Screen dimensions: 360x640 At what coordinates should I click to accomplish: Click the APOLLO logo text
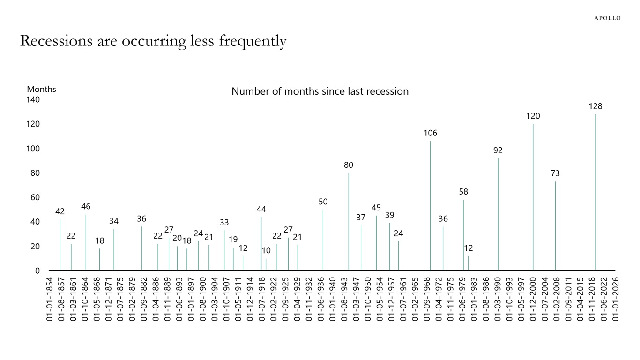[607, 18]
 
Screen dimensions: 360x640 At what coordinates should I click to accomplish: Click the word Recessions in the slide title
[56, 41]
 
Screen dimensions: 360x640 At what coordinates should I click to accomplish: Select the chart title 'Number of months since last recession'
[320, 91]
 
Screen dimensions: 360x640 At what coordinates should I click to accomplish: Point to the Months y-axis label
[41, 89]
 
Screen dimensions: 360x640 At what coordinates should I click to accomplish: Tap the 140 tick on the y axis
[33, 100]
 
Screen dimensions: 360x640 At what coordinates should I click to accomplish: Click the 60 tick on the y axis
[35, 197]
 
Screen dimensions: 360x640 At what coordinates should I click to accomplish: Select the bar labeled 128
[595, 192]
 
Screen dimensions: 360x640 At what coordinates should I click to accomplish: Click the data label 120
[533, 116]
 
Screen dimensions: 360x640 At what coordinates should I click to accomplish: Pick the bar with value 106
[431, 206]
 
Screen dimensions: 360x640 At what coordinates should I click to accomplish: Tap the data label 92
[498, 150]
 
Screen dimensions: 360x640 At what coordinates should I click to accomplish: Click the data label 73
[555, 173]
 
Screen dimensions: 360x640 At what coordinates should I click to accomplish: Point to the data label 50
[323, 202]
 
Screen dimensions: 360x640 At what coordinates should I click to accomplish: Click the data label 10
[266, 251]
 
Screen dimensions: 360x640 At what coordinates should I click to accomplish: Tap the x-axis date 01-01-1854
[50, 298]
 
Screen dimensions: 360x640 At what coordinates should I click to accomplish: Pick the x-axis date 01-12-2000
[533, 298]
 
